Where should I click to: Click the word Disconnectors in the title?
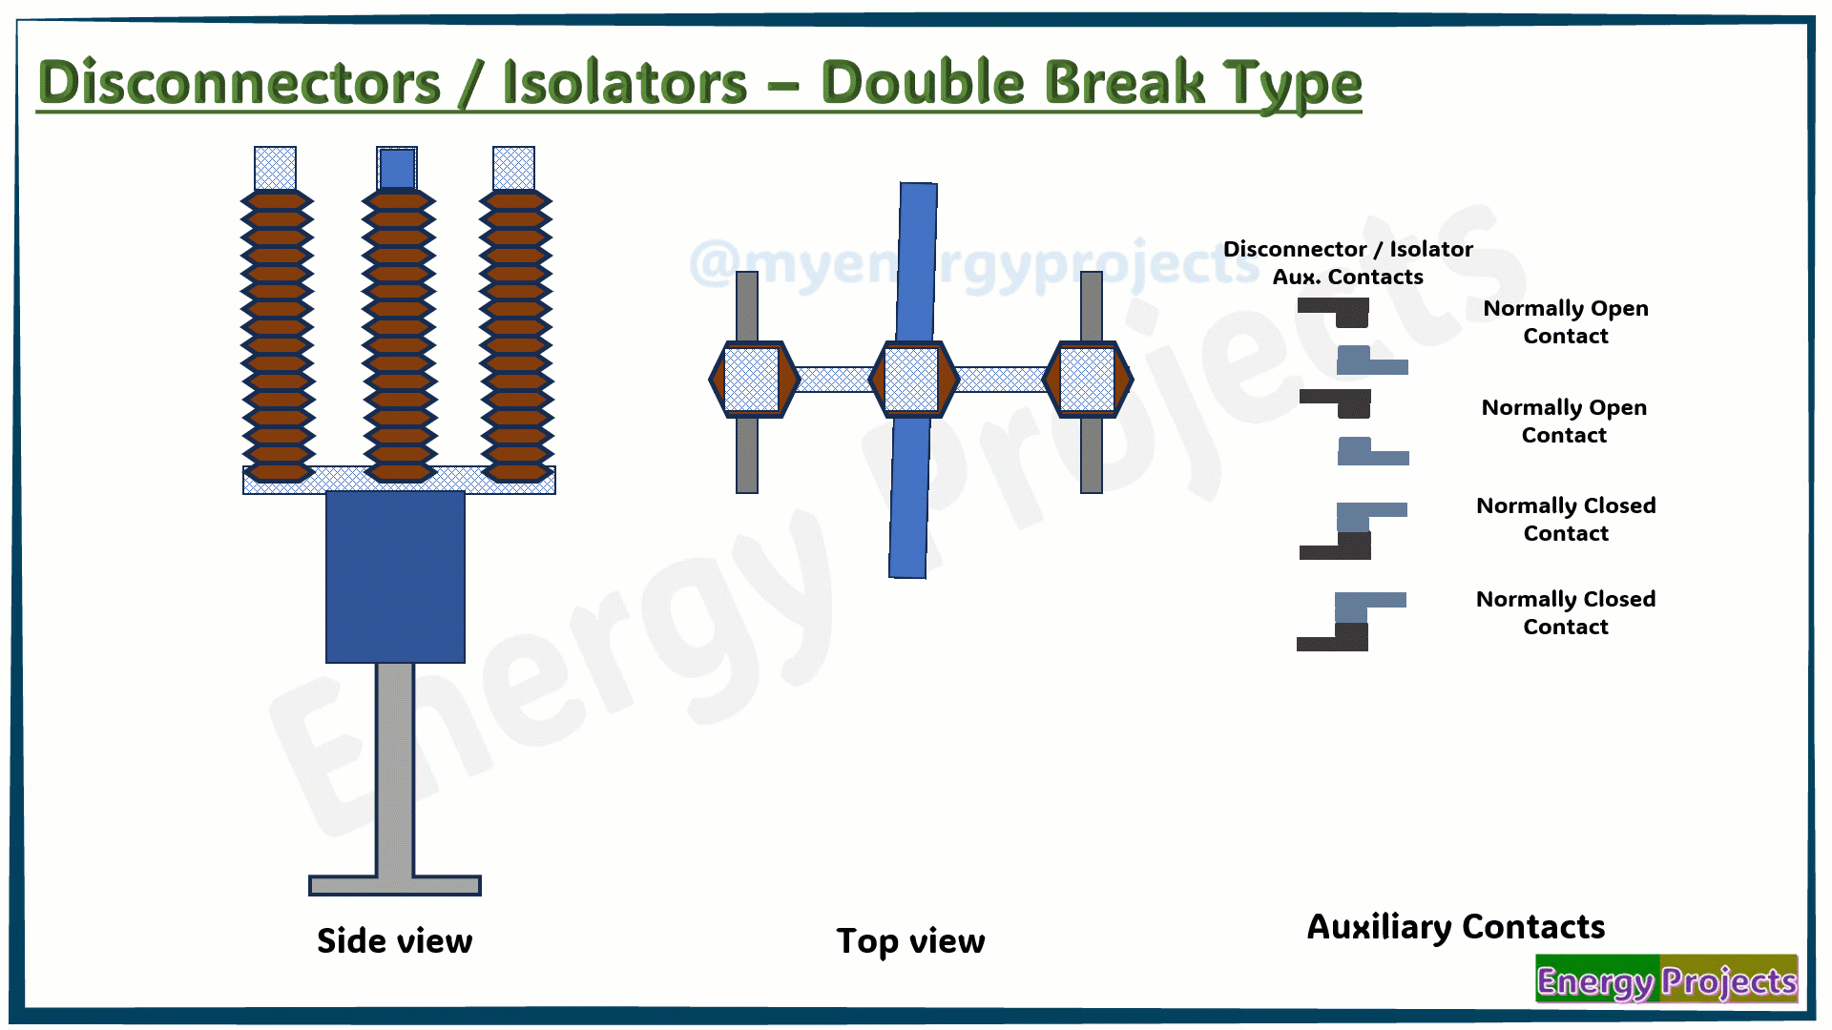pyautogui.click(x=239, y=83)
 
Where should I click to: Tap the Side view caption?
pyautogui.click(x=394, y=941)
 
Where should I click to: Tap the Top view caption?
pyautogui.click(x=910, y=941)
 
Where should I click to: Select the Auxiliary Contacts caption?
pyautogui.click(x=1455, y=927)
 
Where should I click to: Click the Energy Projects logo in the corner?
pyautogui.click(x=1666, y=979)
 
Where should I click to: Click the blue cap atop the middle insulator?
pyautogui.click(x=397, y=169)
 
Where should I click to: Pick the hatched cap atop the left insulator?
pyautogui.click(x=275, y=169)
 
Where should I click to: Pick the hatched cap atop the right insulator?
pyautogui.click(x=513, y=169)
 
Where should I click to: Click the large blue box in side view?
pyautogui.click(x=395, y=576)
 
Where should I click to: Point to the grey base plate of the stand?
pyautogui.click(x=395, y=885)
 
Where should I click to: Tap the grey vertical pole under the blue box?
pyautogui.click(x=395, y=768)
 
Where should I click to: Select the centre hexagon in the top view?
pyautogui.click(x=912, y=380)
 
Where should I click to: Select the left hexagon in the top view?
pyautogui.click(x=753, y=380)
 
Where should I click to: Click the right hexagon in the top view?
pyautogui.click(x=1088, y=380)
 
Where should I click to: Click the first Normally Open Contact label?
pyautogui.click(x=1566, y=322)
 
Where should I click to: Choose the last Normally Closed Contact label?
pyautogui.click(x=1566, y=613)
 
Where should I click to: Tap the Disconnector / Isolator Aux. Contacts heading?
pyautogui.click(x=1348, y=263)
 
